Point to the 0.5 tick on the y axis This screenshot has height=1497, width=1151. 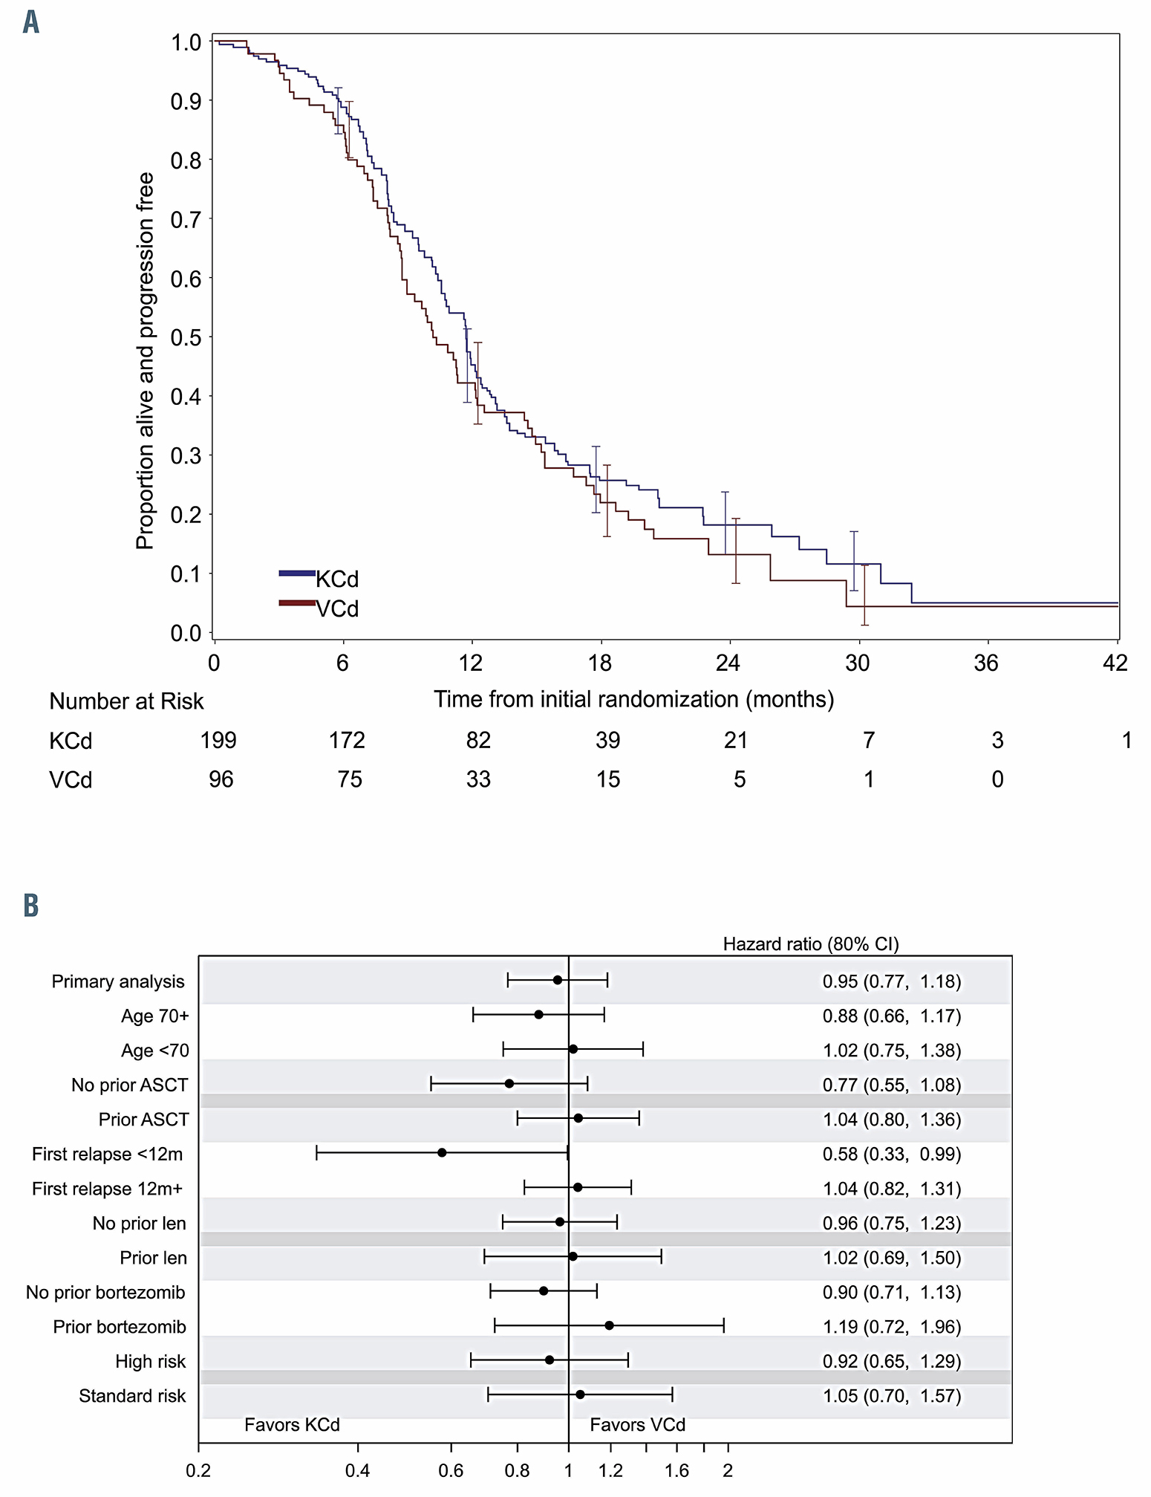[186, 337]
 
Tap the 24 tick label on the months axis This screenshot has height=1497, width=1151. [728, 663]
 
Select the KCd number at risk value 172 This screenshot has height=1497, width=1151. [347, 740]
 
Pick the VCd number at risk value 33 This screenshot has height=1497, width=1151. [478, 779]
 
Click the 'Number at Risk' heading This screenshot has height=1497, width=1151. [126, 701]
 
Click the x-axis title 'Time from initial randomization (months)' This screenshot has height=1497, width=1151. [633, 699]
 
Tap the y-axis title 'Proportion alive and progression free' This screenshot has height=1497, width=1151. [145, 361]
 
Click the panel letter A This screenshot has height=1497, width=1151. [30, 22]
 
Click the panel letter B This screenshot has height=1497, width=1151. [30, 906]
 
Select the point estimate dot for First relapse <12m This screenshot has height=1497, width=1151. [442, 1152]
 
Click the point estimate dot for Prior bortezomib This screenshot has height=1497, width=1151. [609, 1325]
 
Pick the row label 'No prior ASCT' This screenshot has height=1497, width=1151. [130, 1085]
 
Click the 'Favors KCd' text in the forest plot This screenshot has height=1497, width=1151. [292, 1424]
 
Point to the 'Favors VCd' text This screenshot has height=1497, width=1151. [637, 1424]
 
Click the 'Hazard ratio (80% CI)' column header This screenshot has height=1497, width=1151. [811, 944]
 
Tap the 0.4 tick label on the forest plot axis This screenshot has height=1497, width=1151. [357, 1470]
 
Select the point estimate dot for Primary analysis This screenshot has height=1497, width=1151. [558, 980]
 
